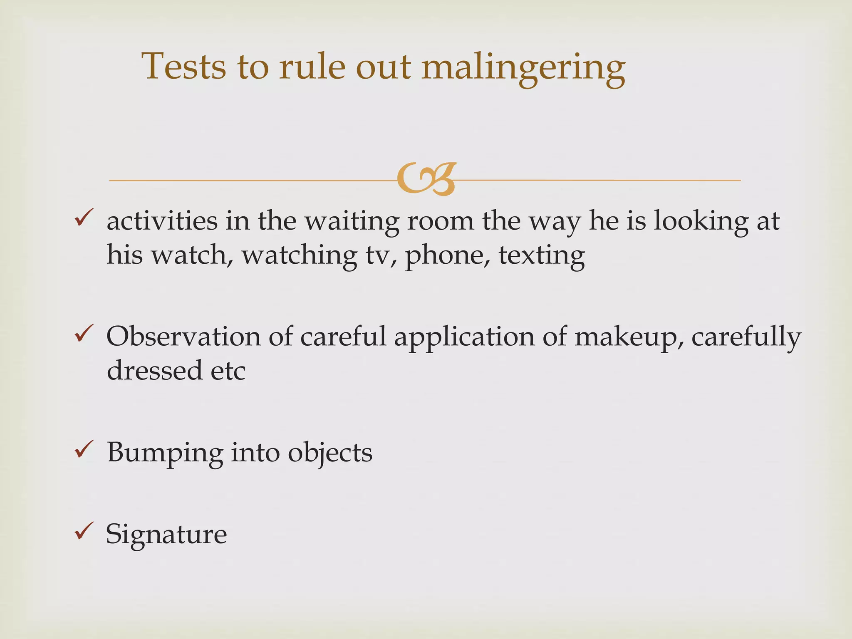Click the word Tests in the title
pos(184,67)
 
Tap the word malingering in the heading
pos(523,67)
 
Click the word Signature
pos(166,534)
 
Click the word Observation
pos(183,336)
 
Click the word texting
pos(542,255)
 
